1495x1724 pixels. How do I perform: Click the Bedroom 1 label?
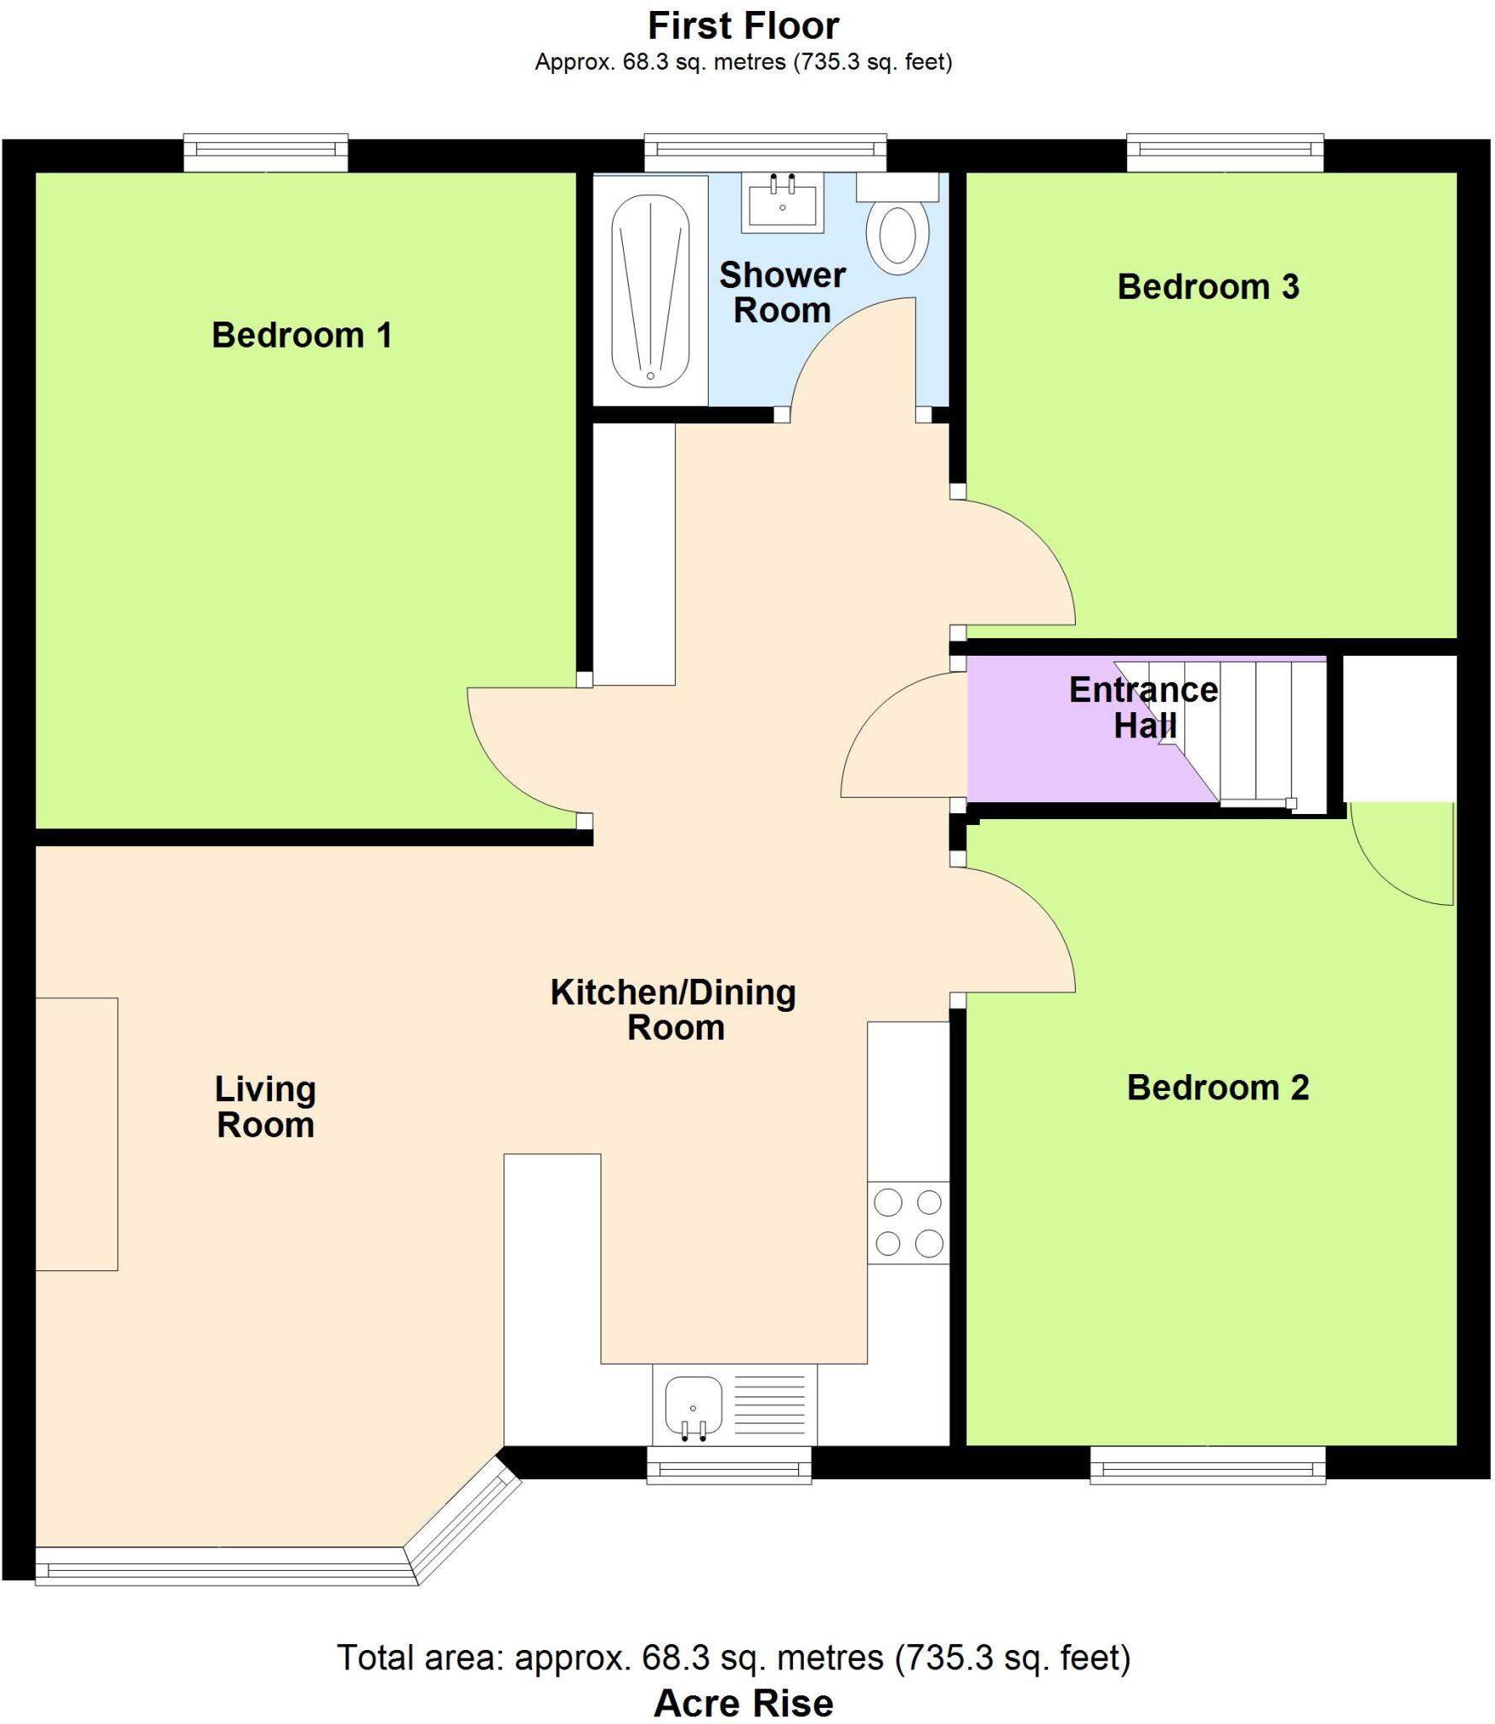tap(301, 335)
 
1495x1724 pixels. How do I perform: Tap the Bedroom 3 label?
tap(1208, 287)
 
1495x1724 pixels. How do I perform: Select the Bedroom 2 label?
tap(1217, 1088)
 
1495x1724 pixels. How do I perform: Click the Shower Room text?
tap(782, 292)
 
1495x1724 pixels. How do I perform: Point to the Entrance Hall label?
tap(1143, 707)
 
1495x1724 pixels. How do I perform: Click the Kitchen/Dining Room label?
tap(673, 1009)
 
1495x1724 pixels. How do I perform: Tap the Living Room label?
tap(265, 1106)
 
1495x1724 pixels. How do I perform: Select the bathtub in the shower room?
tap(650, 291)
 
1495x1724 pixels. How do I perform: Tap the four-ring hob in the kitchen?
tap(908, 1222)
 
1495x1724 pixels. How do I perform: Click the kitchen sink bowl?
tap(693, 1405)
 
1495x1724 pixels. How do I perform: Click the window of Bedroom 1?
tap(266, 150)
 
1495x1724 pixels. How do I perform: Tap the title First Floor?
tap(743, 26)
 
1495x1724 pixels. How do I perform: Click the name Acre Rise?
tap(743, 1703)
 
